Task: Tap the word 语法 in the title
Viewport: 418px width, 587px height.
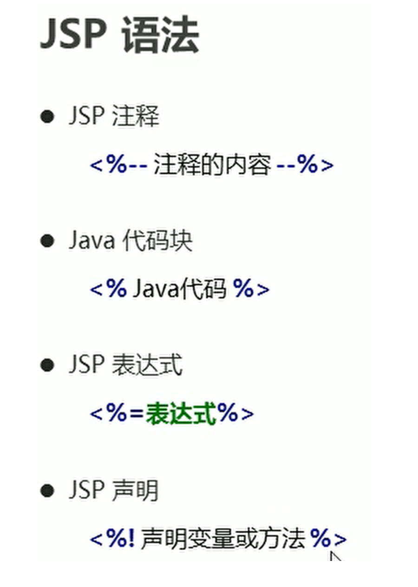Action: coord(160,35)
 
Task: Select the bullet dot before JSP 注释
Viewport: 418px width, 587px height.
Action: coord(47,116)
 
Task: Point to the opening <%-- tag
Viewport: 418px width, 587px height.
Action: coord(118,165)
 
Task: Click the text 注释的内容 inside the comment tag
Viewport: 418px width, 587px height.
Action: coord(212,165)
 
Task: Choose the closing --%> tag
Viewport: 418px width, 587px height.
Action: coord(305,165)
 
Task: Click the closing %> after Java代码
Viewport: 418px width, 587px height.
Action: coord(251,289)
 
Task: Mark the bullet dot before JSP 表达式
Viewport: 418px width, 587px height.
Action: coord(47,365)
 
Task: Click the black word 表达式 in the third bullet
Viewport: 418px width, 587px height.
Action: coord(147,365)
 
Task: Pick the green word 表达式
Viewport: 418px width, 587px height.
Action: coord(181,413)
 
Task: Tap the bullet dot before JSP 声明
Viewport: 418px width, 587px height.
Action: coord(47,490)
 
